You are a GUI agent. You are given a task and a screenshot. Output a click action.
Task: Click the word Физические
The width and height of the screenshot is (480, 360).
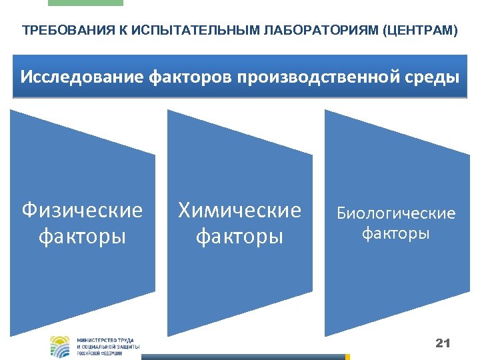click(x=82, y=211)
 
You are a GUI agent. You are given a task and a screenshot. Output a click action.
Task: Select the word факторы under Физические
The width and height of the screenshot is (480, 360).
click(x=82, y=236)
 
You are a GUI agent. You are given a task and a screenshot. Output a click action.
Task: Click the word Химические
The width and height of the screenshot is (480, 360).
click(x=239, y=211)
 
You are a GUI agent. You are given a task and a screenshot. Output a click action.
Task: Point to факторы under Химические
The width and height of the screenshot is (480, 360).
click(x=239, y=236)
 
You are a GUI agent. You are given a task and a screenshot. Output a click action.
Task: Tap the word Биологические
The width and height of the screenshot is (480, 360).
click(x=396, y=213)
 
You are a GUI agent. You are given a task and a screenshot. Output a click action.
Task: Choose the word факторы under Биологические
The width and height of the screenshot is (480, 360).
click(x=396, y=233)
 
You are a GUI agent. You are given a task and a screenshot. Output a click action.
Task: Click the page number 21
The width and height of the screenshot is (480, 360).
click(x=443, y=343)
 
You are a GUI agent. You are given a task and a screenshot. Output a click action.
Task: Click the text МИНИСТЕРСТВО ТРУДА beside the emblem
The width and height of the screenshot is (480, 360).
click(x=107, y=339)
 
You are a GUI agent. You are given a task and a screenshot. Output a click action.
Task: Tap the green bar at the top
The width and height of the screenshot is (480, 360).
click(x=85, y=3)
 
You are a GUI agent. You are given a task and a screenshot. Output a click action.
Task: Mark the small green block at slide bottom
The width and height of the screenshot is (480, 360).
click(x=347, y=357)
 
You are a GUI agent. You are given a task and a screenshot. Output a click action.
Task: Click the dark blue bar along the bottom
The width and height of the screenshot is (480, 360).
click(x=243, y=357)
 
